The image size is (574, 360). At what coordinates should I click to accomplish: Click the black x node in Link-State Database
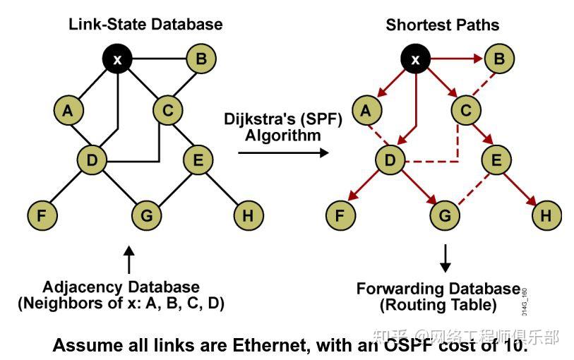118,59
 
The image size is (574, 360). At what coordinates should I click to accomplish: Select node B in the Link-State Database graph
201,59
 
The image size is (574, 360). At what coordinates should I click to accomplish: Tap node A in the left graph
68,110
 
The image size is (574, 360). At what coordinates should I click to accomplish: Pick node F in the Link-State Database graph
42,215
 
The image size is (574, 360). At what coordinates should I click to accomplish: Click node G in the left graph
147,215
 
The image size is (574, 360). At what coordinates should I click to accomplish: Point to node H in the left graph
247,215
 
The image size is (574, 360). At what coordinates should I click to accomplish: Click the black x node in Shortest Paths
416,59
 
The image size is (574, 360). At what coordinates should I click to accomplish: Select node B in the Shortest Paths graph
499,59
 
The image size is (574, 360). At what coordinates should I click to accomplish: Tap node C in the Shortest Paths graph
466,110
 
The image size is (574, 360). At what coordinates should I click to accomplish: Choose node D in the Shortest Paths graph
390,161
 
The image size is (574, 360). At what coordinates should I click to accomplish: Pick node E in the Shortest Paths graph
496,161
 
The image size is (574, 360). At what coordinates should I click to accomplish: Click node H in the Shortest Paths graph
546,215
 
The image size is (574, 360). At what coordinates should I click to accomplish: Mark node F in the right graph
340,215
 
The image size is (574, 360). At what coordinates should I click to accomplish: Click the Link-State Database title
145,24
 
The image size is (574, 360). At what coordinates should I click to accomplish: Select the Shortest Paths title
443,25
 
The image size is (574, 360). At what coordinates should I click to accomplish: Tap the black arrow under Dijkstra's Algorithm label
283,152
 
